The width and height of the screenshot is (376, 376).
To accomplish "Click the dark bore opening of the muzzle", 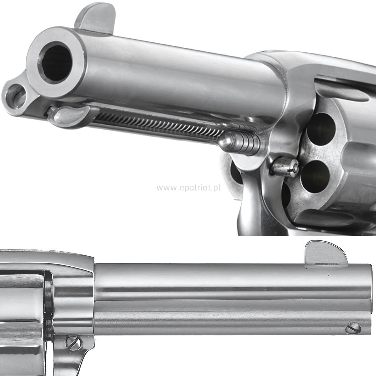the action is [56, 63].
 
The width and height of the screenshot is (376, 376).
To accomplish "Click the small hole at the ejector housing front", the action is [16, 96].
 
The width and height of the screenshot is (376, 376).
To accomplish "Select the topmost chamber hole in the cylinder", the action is [321, 129].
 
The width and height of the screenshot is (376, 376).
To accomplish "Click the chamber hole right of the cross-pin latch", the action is [315, 177].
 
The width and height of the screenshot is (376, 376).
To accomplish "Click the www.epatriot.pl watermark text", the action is [188, 188].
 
